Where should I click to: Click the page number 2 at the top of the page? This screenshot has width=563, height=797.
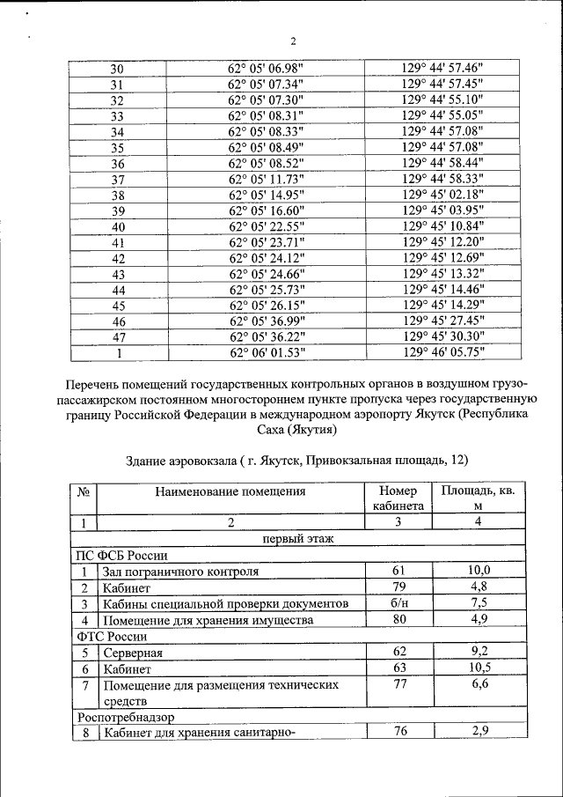(x=294, y=41)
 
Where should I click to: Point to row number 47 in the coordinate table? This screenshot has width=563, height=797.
(x=118, y=337)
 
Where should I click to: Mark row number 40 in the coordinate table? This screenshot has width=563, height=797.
(x=118, y=226)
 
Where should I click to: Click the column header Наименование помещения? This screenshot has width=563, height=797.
(x=230, y=491)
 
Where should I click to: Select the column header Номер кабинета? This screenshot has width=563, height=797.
(x=398, y=498)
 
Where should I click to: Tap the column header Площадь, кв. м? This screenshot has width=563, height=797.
(x=479, y=498)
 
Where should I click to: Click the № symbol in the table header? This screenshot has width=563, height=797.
(x=84, y=491)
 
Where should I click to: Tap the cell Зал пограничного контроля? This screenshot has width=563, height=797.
(x=180, y=572)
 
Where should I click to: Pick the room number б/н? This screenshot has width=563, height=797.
(x=398, y=603)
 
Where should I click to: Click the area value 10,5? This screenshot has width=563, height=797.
(x=479, y=668)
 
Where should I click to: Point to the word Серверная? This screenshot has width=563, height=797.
(x=133, y=653)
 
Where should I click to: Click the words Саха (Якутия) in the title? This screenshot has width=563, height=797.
(x=294, y=430)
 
